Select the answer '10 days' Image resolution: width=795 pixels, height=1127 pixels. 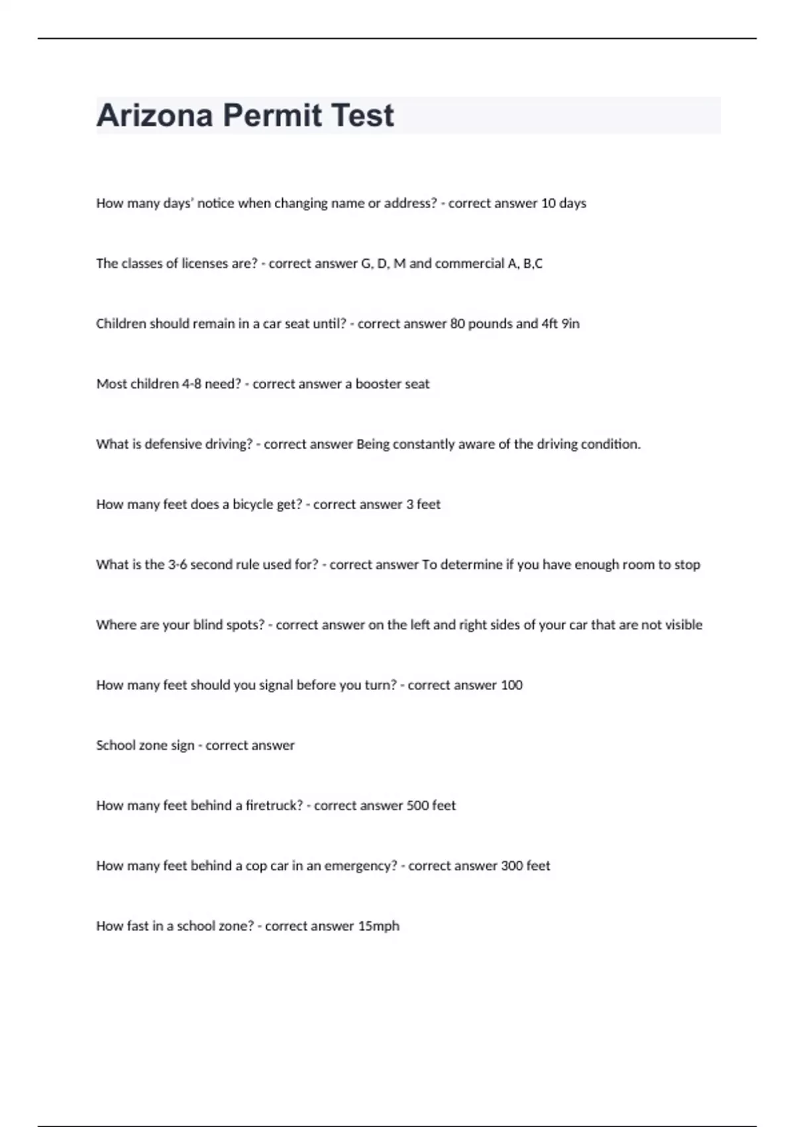(564, 204)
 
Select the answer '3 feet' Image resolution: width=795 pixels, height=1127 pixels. (423, 504)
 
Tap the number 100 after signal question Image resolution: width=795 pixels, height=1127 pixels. (511, 685)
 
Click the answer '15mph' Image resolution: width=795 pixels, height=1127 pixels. (378, 926)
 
